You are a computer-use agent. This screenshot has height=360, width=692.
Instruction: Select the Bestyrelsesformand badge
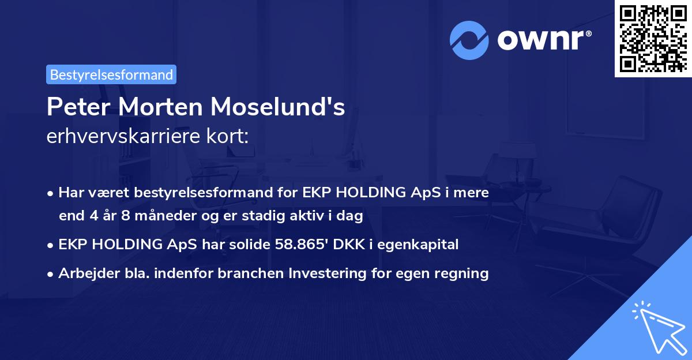click(111, 74)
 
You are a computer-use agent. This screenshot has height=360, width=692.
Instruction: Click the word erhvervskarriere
click(118, 137)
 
